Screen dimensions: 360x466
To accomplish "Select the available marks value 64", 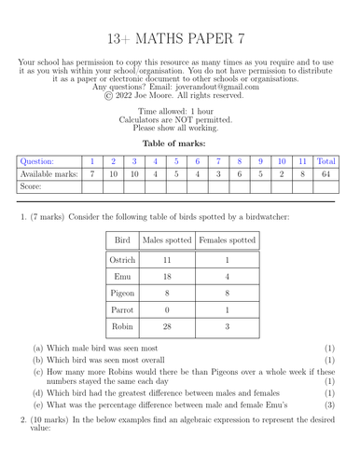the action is (x=326, y=174).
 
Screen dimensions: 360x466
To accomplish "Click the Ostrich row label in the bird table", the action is (x=122, y=262).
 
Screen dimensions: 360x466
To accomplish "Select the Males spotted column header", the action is (x=168, y=240).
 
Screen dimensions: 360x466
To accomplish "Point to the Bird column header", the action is (x=122, y=240).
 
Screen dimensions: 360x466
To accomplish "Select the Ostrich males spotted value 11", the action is (x=168, y=262).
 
